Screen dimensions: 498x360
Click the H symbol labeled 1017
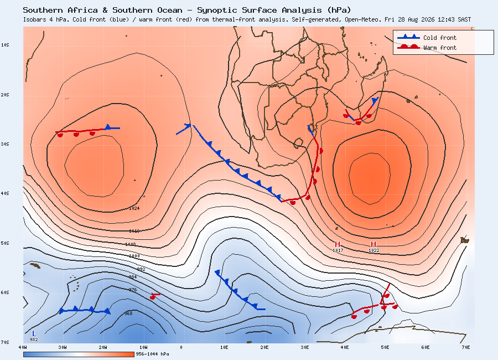(338, 244)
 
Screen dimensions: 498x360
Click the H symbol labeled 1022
(373, 244)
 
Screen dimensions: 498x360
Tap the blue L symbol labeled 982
(34, 333)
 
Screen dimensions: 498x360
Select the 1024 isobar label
(134, 208)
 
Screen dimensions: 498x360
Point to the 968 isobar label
(128, 313)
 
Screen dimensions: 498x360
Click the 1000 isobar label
(134, 256)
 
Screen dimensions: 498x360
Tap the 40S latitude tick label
(5, 194)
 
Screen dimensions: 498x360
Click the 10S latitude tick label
(5, 45)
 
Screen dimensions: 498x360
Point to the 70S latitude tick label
(5, 342)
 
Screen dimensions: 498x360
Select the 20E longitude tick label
(264, 348)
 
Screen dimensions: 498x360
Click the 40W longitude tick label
(23, 348)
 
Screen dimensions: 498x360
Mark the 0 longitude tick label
(181, 348)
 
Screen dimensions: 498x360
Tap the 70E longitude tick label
(466, 348)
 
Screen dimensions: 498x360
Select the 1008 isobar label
(131, 245)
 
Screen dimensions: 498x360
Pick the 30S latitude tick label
(5, 145)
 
